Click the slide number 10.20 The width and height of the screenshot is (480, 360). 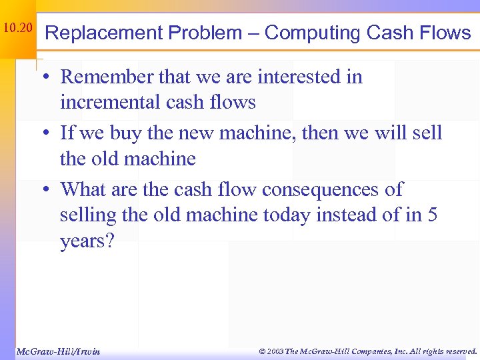17,28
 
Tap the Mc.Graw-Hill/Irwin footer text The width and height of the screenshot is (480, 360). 57,351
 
